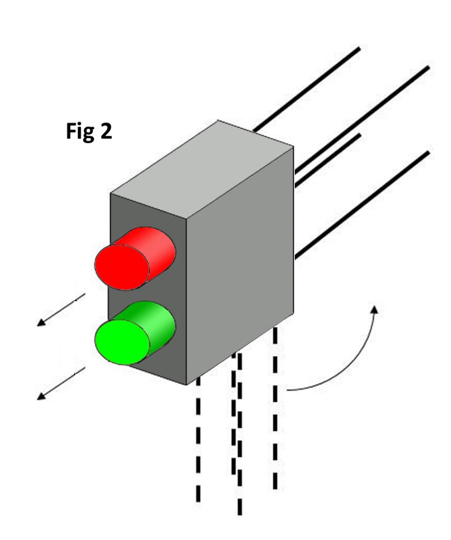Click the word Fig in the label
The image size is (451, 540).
coord(80,131)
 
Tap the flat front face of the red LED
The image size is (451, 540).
coord(121,267)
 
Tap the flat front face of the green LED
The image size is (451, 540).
coord(121,342)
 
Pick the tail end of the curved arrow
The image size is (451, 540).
coord(289,390)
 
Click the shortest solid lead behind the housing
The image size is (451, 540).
coord(327,158)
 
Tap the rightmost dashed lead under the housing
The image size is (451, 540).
coord(275,411)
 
